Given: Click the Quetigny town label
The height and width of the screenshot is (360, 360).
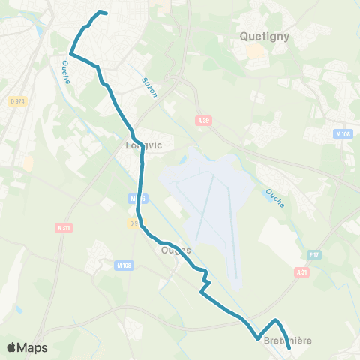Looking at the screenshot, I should (x=264, y=34).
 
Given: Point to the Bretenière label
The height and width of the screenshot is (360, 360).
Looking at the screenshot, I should (x=288, y=341).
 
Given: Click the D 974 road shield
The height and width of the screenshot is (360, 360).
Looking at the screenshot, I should (x=18, y=101).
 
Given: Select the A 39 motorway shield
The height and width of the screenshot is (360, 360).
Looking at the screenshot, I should (x=202, y=120).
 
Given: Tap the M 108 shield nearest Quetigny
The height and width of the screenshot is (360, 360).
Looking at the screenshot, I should (x=343, y=134).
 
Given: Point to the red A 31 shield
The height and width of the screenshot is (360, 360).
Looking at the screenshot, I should (x=301, y=271).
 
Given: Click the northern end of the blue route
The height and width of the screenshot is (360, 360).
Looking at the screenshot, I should (x=106, y=13).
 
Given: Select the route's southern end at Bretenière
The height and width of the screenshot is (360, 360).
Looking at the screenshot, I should (x=289, y=347).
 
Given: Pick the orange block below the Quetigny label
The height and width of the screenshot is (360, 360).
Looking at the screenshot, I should (x=256, y=52).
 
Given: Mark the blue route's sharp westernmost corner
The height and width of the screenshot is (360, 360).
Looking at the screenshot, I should (x=70, y=53).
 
